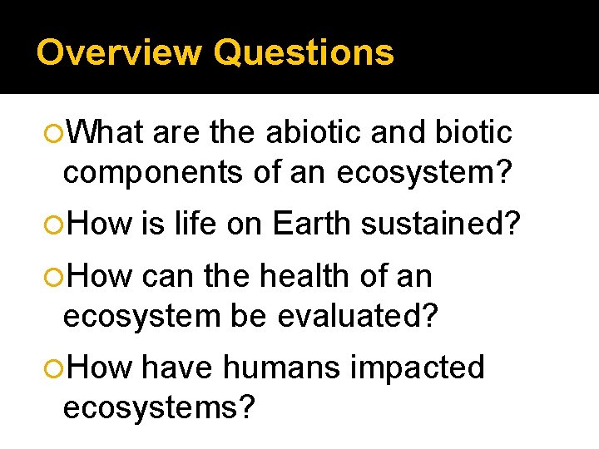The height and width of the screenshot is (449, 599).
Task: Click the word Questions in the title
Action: pos(303,52)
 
